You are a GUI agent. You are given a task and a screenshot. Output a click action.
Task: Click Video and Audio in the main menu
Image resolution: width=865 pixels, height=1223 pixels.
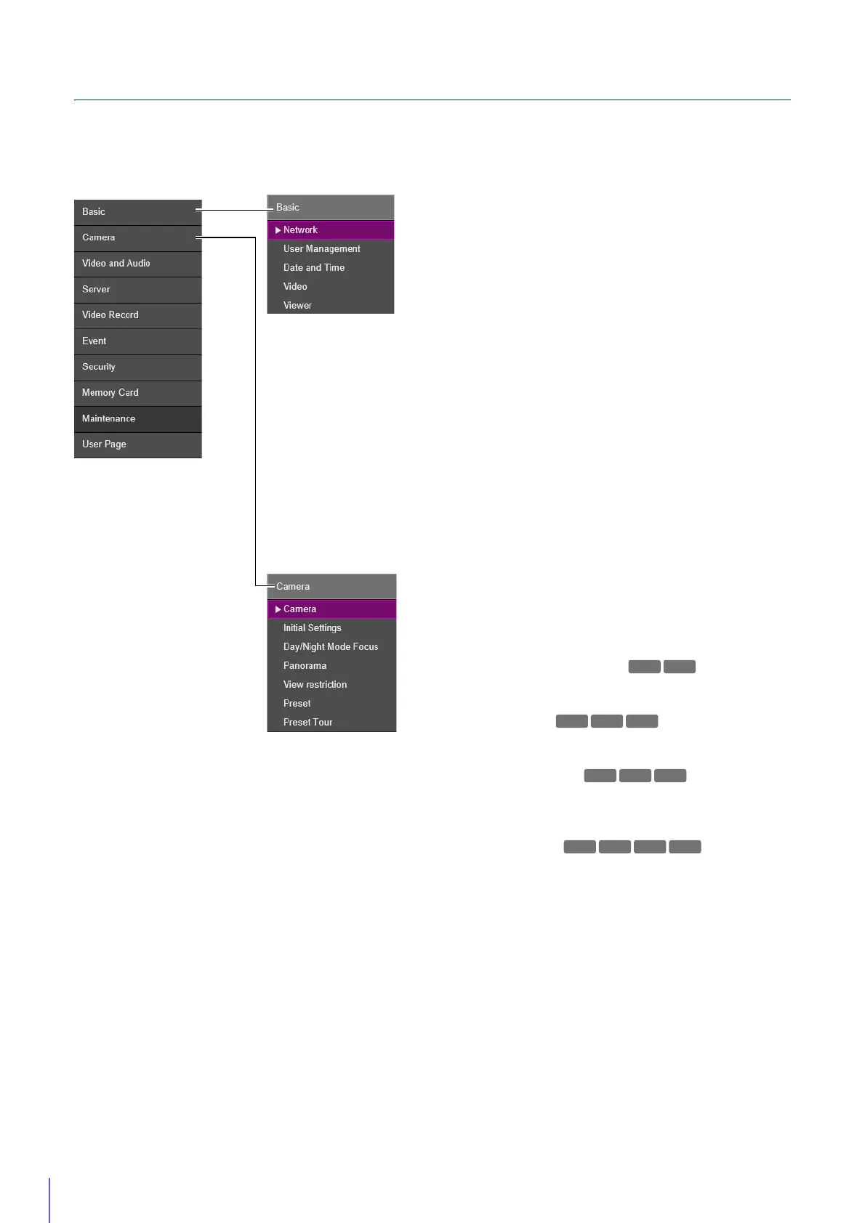116,264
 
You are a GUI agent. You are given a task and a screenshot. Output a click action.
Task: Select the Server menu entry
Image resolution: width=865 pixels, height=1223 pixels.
97,289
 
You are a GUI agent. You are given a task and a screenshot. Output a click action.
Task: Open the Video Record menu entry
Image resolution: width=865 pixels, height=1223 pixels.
110,315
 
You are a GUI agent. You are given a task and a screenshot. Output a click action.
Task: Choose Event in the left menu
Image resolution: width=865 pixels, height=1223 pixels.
94,341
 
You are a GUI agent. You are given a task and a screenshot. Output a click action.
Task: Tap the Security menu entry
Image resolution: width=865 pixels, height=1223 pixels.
99,367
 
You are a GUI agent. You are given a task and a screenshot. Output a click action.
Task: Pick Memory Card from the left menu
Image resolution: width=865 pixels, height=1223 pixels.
110,393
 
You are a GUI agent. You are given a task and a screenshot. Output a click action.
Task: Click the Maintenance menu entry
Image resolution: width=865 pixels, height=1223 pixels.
109,419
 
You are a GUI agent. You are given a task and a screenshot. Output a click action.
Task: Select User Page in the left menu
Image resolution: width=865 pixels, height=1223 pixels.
104,444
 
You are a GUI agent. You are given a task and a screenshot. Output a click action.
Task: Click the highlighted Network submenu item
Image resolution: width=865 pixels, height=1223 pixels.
301,230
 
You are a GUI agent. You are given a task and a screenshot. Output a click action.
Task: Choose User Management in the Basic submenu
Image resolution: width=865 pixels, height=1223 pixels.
322,249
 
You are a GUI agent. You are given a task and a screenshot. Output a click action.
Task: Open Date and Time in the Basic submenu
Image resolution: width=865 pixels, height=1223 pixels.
314,268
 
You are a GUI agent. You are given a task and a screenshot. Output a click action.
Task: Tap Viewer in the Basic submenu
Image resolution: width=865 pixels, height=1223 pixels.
297,306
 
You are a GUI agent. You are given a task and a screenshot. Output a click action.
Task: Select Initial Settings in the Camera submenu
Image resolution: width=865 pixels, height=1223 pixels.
313,628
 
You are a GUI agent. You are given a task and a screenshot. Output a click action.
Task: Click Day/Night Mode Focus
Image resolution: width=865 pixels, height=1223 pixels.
331,647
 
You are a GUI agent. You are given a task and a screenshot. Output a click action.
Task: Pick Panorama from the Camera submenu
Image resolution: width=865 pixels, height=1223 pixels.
305,666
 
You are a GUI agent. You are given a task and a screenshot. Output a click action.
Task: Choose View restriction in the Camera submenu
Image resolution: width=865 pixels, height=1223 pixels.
315,685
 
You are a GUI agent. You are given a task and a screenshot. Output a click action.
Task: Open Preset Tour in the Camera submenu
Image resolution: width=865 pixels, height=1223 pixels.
308,723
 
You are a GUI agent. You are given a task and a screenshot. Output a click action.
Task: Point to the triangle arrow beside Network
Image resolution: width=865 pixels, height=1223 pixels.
278,230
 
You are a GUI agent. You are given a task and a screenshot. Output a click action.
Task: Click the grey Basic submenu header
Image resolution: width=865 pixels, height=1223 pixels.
331,208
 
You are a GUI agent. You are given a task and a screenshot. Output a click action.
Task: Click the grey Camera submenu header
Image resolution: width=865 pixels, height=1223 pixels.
331,587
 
